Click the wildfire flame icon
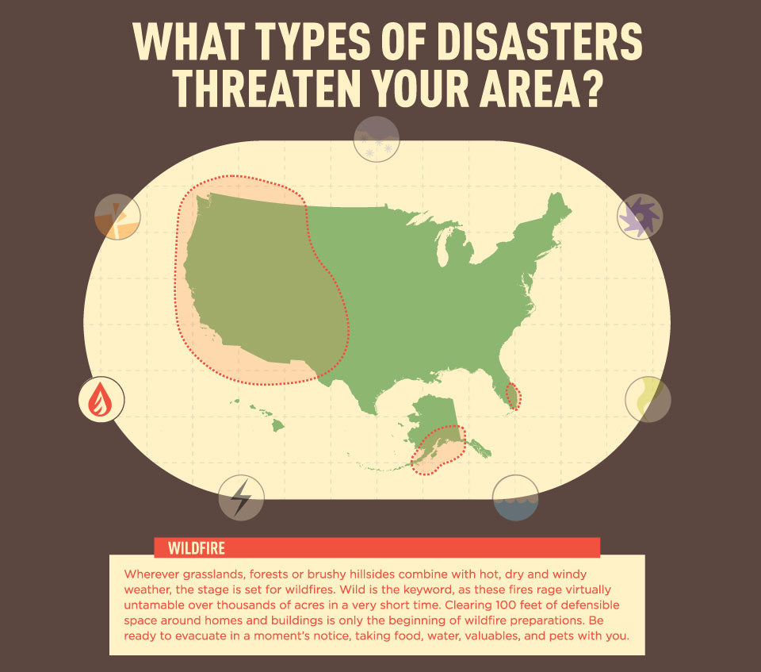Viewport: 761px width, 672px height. [x=101, y=399]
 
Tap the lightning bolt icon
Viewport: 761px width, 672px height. [x=241, y=497]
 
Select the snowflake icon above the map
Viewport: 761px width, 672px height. [x=376, y=139]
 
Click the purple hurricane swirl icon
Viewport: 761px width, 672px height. [x=639, y=217]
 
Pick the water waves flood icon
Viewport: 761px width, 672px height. [x=515, y=498]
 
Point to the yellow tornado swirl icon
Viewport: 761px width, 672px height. [x=648, y=399]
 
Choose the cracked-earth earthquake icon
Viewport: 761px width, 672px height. [x=117, y=217]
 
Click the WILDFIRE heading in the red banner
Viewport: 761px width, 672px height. [x=197, y=548]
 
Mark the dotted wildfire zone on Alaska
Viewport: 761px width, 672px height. [x=438, y=450]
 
